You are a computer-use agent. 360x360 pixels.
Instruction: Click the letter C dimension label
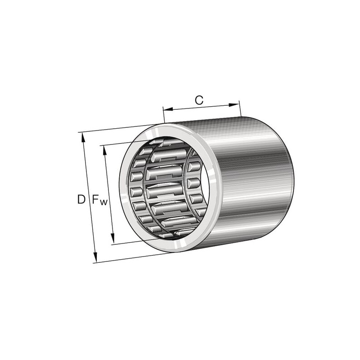click(x=199, y=100)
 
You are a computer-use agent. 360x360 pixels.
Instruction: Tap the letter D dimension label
click(x=81, y=199)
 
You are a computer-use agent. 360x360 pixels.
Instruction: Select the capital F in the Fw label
click(x=96, y=199)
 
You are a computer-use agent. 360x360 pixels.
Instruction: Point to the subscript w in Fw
click(x=103, y=202)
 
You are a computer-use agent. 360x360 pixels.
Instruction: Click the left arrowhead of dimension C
click(x=168, y=109)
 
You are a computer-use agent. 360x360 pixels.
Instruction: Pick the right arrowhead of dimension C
click(x=234, y=105)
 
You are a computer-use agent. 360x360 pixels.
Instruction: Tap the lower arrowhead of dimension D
click(x=95, y=257)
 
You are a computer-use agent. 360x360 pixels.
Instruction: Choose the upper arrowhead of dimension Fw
click(x=105, y=151)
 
